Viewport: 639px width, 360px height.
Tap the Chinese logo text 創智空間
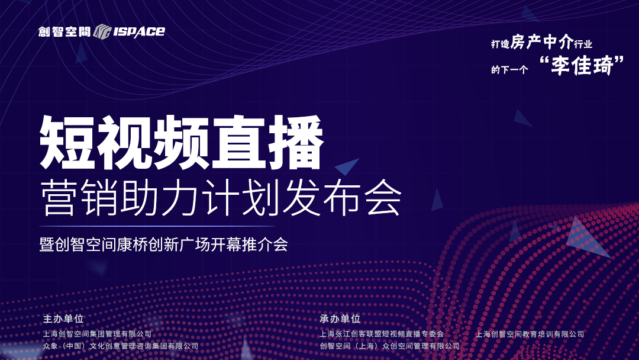pos(64,31)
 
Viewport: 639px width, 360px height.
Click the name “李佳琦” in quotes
pos(582,65)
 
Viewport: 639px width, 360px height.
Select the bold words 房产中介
pos(542,41)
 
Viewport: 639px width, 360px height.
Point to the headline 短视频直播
pos(182,142)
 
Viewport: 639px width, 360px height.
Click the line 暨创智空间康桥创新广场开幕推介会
pos(164,244)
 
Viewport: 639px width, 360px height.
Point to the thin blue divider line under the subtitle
pos(157,226)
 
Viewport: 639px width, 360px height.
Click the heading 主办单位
pos(63,319)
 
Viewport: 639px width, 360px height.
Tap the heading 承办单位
pos(340,319)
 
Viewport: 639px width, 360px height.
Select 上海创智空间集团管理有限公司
pos(98,334)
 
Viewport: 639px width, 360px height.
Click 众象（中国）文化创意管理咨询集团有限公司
pos(121,346)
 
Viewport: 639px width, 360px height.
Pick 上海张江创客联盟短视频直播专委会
pos(382,334)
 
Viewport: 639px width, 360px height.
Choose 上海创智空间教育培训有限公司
pos(530,334)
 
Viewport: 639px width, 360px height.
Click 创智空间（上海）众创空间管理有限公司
pos(389,346)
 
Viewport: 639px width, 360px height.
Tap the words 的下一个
pos(509,70)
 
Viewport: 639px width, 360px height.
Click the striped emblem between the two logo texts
pos(102,31)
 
